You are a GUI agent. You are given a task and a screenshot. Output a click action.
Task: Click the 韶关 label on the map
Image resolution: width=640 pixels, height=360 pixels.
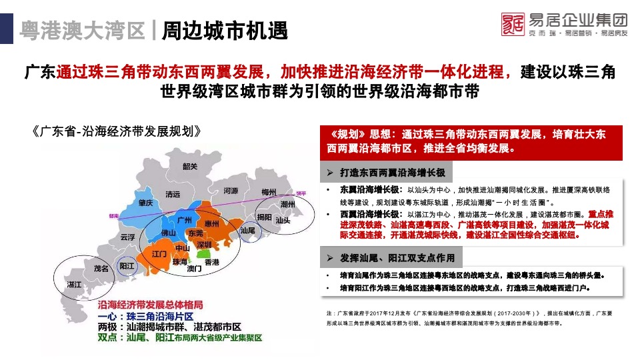click(190, 167)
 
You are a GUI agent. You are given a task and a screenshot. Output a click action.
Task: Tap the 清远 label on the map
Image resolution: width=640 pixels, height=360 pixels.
click(173, 195)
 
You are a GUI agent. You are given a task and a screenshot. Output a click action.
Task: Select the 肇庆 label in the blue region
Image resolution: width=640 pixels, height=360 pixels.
click(146, 203)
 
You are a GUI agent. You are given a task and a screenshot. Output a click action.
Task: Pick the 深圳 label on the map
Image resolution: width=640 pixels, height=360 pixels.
click(203, 245)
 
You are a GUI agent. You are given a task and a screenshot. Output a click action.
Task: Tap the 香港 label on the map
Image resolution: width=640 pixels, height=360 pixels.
click(212, 263)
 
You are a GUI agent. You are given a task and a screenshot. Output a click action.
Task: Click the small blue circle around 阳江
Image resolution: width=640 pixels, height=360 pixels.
click(127, 266)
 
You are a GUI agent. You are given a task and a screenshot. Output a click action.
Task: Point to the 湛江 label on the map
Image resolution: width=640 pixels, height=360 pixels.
click(74, 285)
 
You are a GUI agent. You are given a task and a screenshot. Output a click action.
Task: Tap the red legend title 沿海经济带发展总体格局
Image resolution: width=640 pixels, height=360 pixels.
click(150, 305)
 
